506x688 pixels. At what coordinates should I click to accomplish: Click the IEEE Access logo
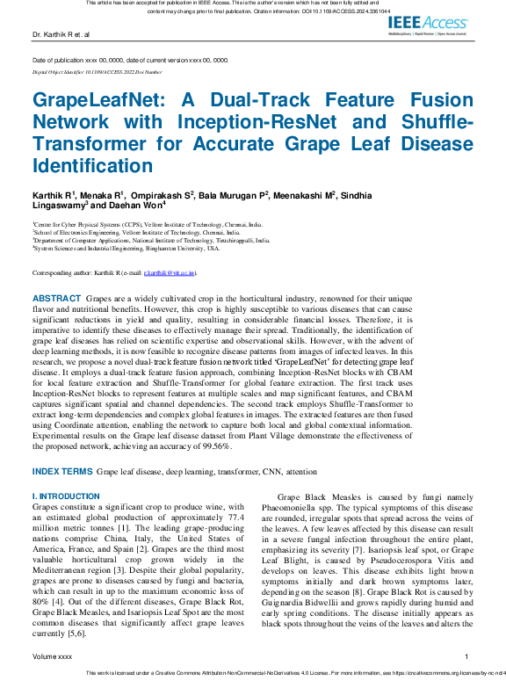pos(429,25)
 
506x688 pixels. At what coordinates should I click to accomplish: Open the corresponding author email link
pos(175,273)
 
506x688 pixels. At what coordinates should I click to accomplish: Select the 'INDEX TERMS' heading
pos(62,472)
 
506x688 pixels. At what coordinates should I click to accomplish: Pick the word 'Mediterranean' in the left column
pos(62,569)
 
